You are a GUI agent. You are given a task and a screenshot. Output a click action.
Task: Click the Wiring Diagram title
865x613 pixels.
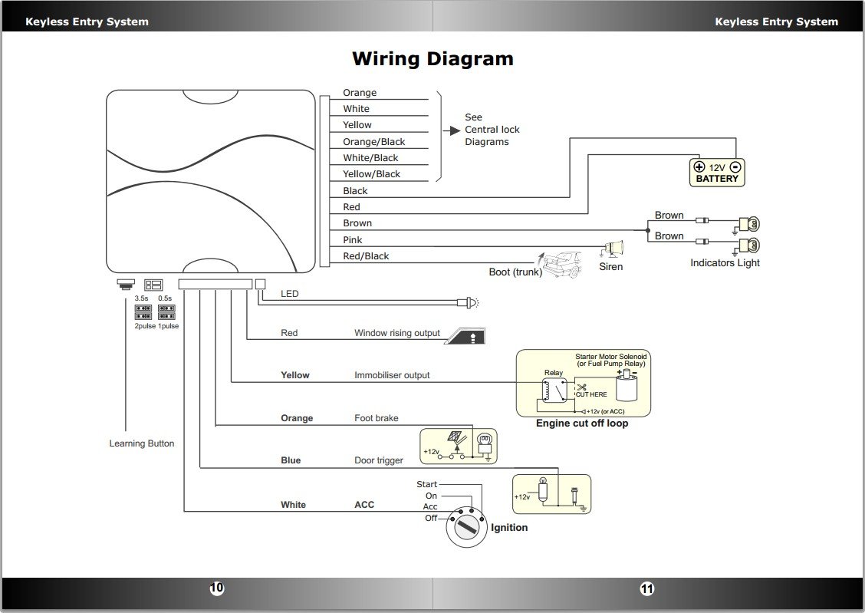[432, 59]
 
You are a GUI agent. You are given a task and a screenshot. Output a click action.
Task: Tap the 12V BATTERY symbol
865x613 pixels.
[717, 173]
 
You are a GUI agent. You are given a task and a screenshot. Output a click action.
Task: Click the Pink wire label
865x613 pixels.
[353, 240]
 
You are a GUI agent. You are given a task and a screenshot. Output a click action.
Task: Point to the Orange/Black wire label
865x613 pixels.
[373, 142]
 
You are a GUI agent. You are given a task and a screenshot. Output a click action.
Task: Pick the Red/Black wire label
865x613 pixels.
[366, 256]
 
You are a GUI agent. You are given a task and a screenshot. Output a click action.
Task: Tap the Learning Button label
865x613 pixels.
[142, 443]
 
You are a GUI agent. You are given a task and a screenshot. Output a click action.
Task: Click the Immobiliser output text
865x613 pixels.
[392, 375]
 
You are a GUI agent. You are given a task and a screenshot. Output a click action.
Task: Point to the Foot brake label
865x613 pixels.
[377, 418]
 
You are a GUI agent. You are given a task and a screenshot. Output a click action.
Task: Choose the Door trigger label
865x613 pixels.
[379, 460]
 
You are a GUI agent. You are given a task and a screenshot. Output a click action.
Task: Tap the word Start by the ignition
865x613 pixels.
[427, 484]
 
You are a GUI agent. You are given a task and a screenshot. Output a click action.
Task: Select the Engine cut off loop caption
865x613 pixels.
[582, 423]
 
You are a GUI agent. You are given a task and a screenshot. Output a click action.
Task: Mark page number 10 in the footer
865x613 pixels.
[217, 588]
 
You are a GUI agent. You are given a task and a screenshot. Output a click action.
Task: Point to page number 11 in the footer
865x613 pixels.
[647, 588]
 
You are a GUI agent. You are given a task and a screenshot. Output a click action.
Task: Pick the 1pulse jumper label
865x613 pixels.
[168, 326]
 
